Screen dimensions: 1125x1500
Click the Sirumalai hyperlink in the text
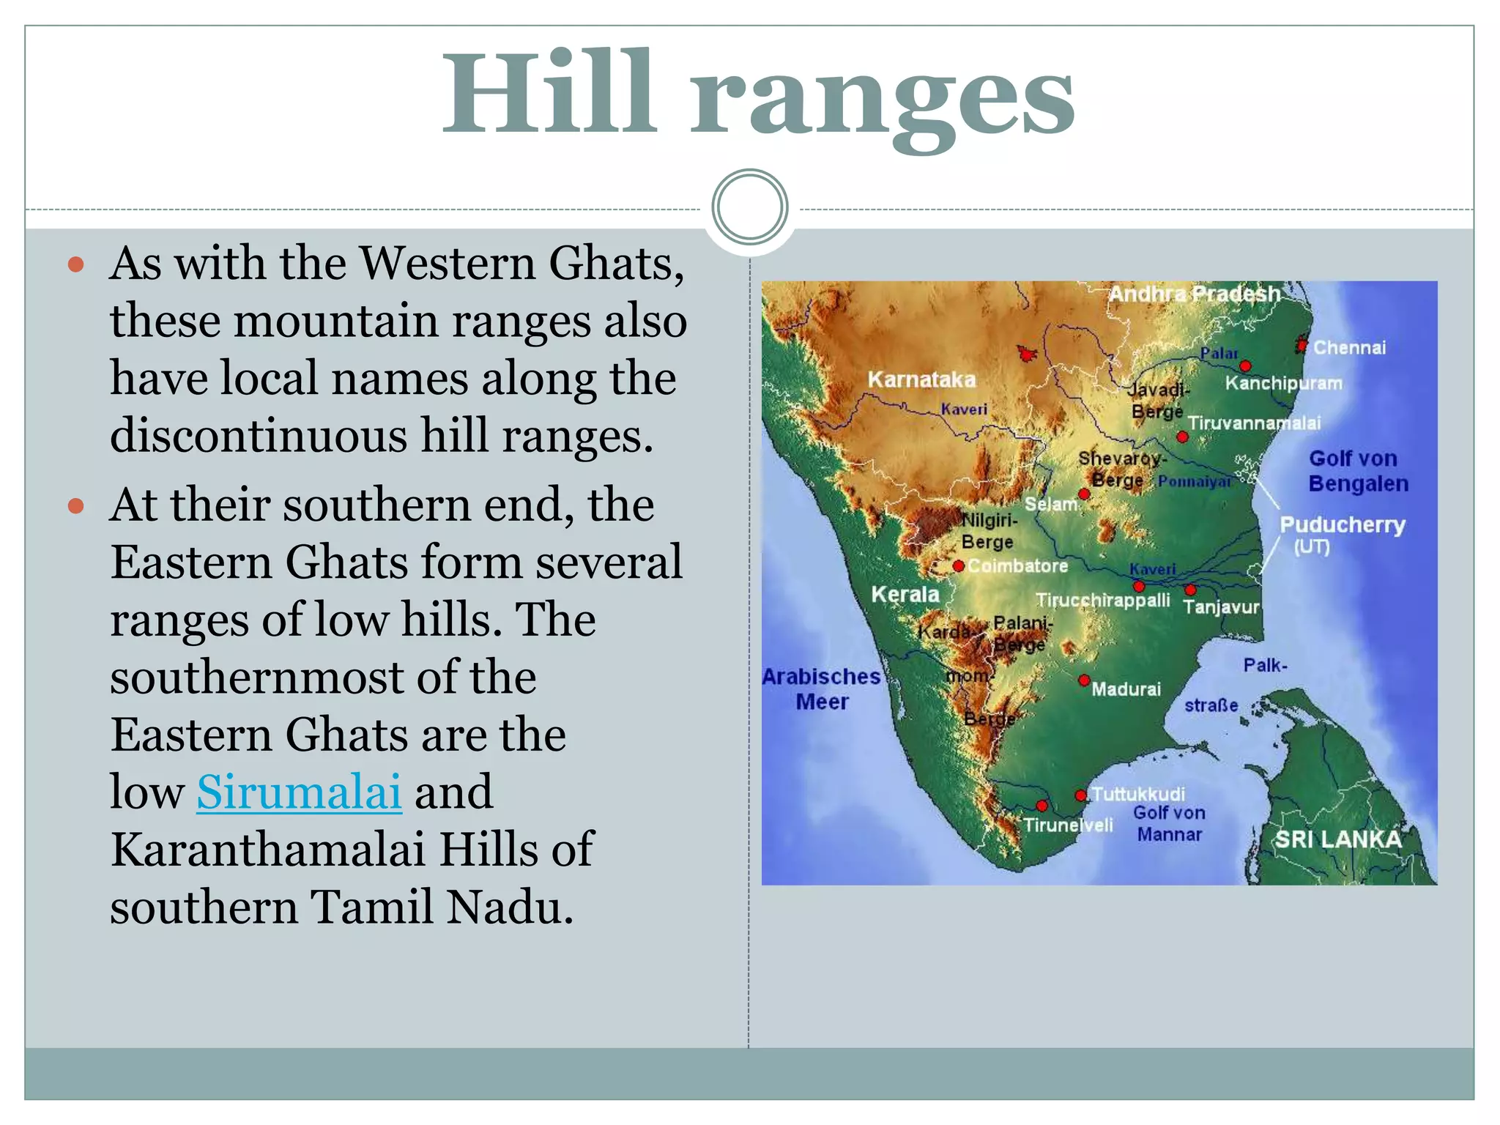[x=299, y=792]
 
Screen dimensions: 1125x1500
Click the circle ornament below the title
[x=749, y=207]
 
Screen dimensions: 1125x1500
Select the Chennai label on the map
[x=1349, y=347]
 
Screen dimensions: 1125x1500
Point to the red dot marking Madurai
[x=1084, y=680]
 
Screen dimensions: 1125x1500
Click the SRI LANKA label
[x=1338, y=839]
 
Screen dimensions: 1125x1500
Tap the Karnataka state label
[x=921, y=379]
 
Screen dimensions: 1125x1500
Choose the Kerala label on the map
[x=905, y=594]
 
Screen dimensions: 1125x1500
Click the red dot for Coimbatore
[x=958, y=566]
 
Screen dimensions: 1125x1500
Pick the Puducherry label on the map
[x=1342, y=525]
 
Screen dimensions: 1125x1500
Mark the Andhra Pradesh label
[x=1194, y=294]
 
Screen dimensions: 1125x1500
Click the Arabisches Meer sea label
[x=822, y=688]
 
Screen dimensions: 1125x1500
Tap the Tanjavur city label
[x=1221, y=607]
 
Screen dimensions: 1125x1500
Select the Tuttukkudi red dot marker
[x=1080, y=795]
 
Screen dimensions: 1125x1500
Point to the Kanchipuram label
[x=1283, y=383]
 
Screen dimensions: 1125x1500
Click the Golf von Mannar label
[x=1169, y=823]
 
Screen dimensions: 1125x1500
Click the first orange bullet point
[x=76, y=264]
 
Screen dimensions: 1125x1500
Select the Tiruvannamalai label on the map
[x=1254, y=423]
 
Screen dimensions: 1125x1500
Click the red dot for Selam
[x=1084, y=494]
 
